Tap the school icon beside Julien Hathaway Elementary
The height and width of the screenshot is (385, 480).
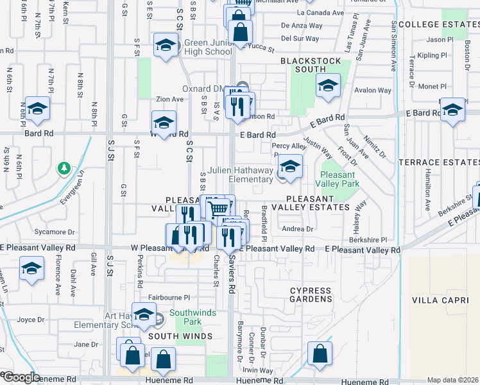pos(291,165)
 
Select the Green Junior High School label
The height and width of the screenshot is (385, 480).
pos(207,47)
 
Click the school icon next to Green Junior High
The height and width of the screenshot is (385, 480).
pos(166,45)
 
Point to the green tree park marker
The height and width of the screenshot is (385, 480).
pos(64,169)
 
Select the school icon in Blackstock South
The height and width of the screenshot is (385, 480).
pos(328,87)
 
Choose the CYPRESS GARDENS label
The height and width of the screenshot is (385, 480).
pos(311,295)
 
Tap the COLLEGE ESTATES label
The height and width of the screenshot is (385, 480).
pos(438,24)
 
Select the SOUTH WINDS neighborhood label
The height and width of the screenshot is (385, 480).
pos(180,336)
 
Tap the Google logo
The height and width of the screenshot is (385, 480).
pos(21,377)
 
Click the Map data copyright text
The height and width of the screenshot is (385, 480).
pos(452,380)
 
